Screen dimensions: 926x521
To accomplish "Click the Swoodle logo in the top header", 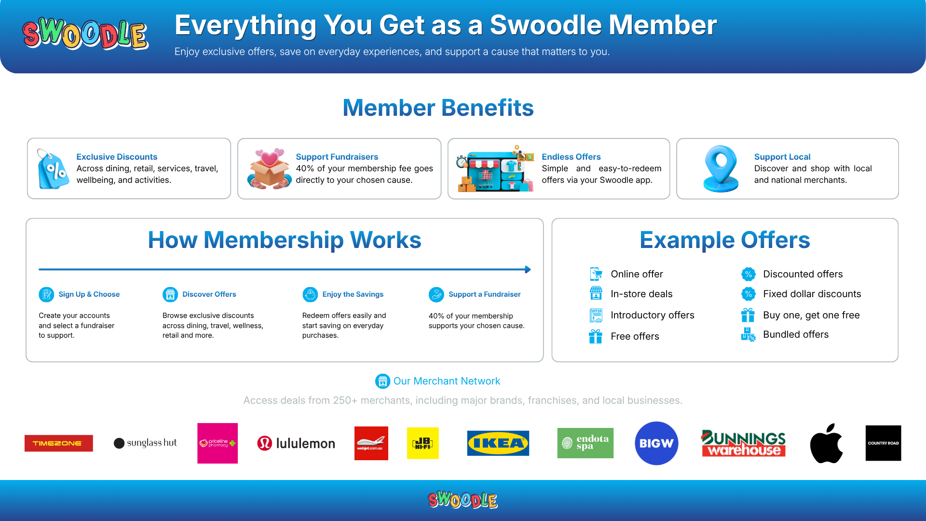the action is (85, 34).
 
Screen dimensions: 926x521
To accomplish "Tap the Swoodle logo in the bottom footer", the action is (463, 500).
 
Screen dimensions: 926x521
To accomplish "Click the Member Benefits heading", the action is (438, 108).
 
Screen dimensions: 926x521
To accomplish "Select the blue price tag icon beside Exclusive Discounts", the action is (53, 168).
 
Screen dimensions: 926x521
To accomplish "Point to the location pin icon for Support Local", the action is (721, 168).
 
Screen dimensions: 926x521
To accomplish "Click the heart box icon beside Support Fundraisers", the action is (269, 168).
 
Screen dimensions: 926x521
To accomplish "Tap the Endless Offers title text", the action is (571, 157).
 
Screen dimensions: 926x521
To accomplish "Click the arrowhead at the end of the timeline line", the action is (528, 270).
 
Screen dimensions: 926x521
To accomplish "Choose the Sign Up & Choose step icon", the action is (46, 294).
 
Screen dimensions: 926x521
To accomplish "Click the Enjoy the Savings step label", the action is (353, 294).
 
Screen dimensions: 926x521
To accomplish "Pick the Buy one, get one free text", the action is (811, 315).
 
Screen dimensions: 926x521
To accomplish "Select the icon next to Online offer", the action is (596, 274).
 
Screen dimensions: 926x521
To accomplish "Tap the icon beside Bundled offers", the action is (748, 334).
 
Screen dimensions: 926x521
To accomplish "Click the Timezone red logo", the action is (59, 443).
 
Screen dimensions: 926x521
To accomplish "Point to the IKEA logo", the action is (498, 443).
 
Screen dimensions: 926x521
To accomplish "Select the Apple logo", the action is (826, 443).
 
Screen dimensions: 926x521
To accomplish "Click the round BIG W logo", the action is (656, 443).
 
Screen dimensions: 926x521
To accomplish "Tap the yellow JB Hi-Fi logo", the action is (423, 443).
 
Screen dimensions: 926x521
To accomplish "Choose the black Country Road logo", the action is (883, 443).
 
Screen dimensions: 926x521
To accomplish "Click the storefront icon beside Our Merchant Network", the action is (382, 381).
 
